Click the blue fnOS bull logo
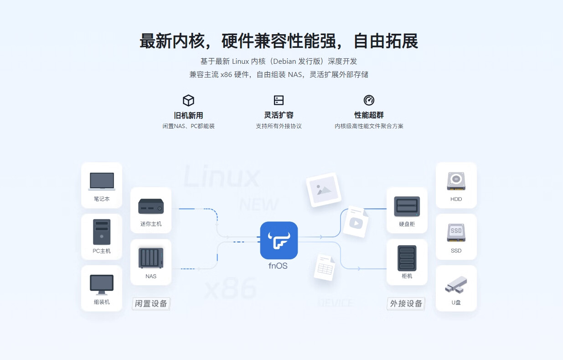click(x=279, y=240)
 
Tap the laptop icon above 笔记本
click(x=102, y=181)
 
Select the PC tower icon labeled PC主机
click(x=102, y=232)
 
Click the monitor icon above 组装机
click(x=102, y=285)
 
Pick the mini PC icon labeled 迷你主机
click(x=151, y=206)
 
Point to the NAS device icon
click(x=151, y=258)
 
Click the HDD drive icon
click(x=456, y=181)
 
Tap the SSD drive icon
click(x=456, y=232)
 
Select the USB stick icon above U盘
click(x=456, y=285)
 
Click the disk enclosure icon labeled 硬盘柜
click(x=407, y=206)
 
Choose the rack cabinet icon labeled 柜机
click(x=407, y=258)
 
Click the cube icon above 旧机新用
click(x=188, y=101)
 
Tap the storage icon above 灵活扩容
click(x=279, y=100)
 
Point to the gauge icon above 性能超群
click(x=369, y=100)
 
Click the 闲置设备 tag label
click(x=151, y=303)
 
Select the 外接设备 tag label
click(x=406, y=303)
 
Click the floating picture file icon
click(x=324, y=190)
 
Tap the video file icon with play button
click(x=356, y=222)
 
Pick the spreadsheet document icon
click(x=325, y=267)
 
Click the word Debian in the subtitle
click(x=284, y=62)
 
